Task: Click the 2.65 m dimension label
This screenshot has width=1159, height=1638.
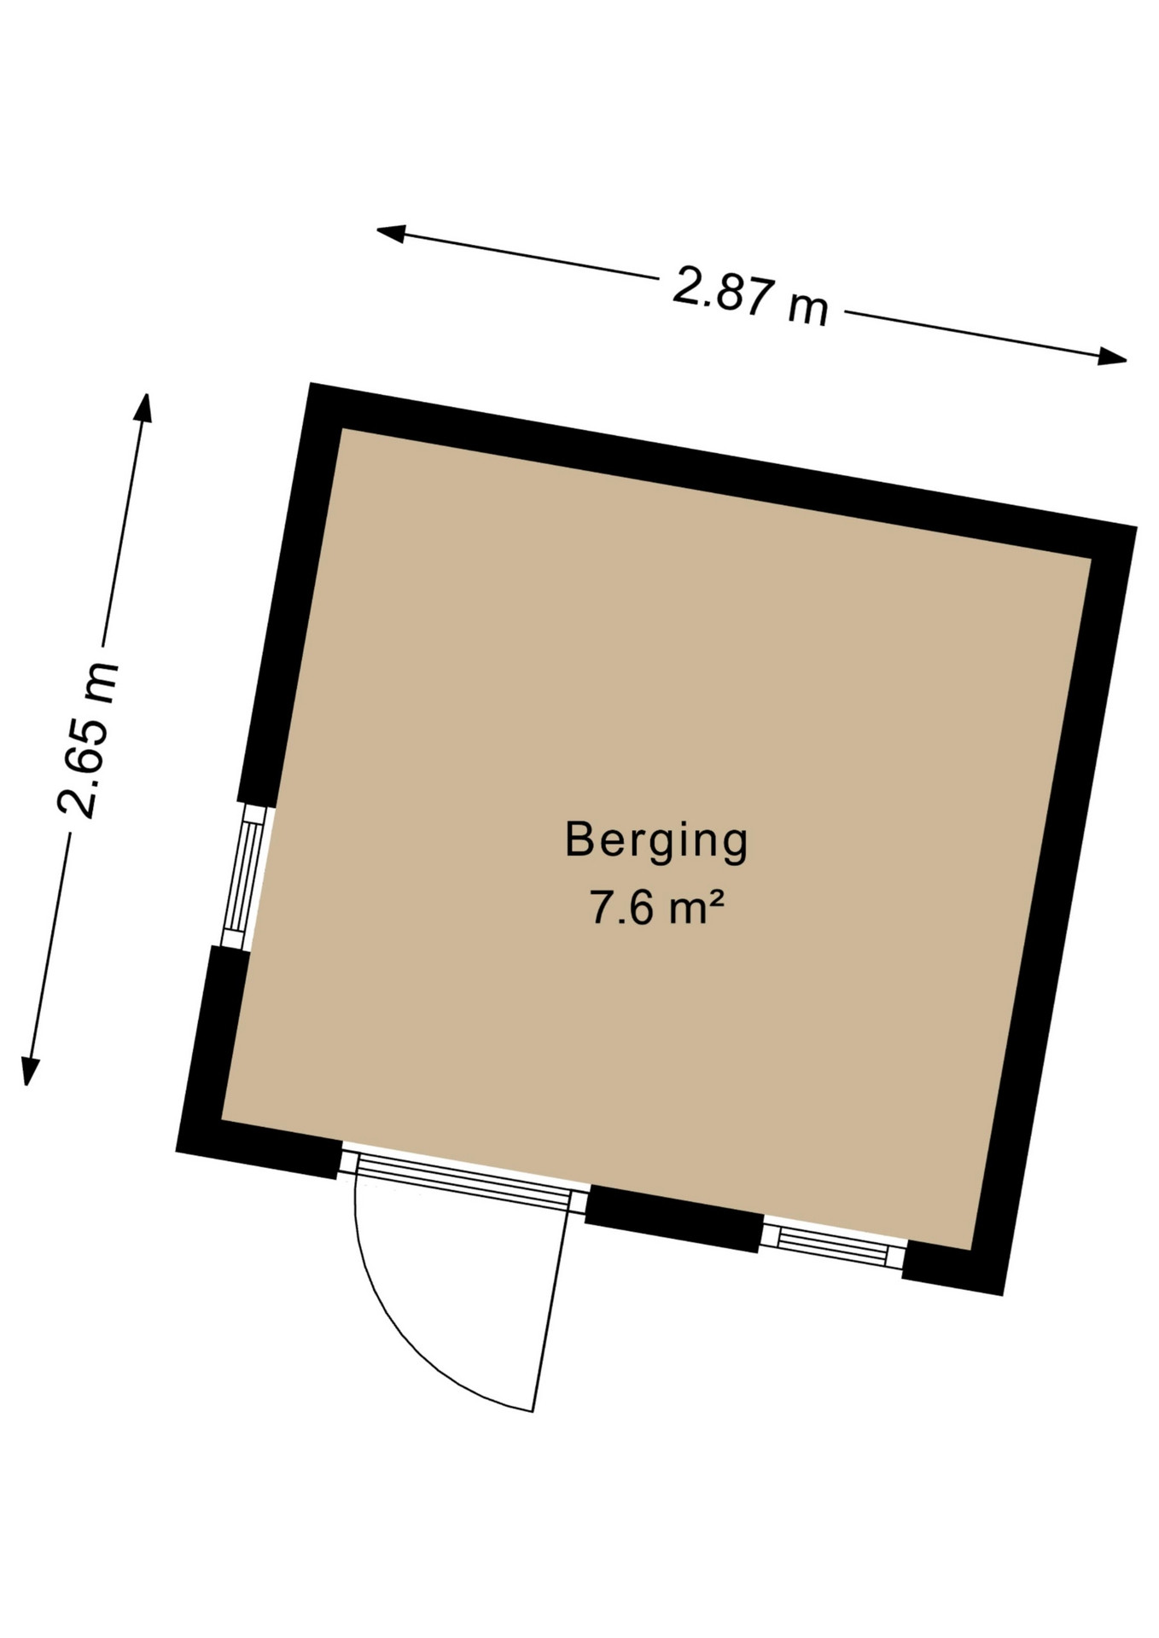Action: [87, 740]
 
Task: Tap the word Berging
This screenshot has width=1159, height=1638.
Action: [656, 841]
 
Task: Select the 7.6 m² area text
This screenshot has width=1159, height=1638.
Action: [656, 907]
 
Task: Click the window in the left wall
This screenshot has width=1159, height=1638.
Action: [243, 876]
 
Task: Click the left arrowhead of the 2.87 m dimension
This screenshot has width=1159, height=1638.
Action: [390, 231]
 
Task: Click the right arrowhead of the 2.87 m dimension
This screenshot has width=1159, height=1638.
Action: [1113, 357]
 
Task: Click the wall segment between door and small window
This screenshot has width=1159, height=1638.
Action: [673, 1219]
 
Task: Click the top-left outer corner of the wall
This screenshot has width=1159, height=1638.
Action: [311, 383]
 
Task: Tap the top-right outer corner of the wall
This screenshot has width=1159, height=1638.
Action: [1136, 526]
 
